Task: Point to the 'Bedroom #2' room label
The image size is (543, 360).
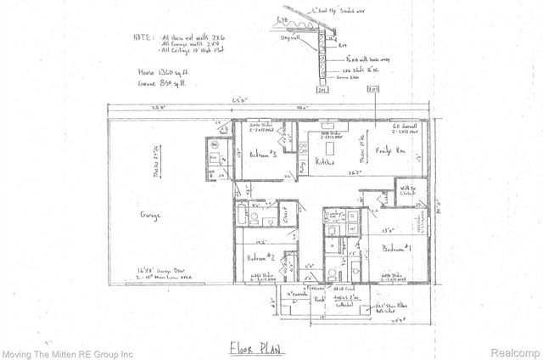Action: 259,256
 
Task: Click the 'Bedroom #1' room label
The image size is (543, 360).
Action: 396,249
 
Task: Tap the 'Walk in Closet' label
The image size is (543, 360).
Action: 410,192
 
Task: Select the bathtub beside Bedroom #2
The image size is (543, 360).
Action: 243,215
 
